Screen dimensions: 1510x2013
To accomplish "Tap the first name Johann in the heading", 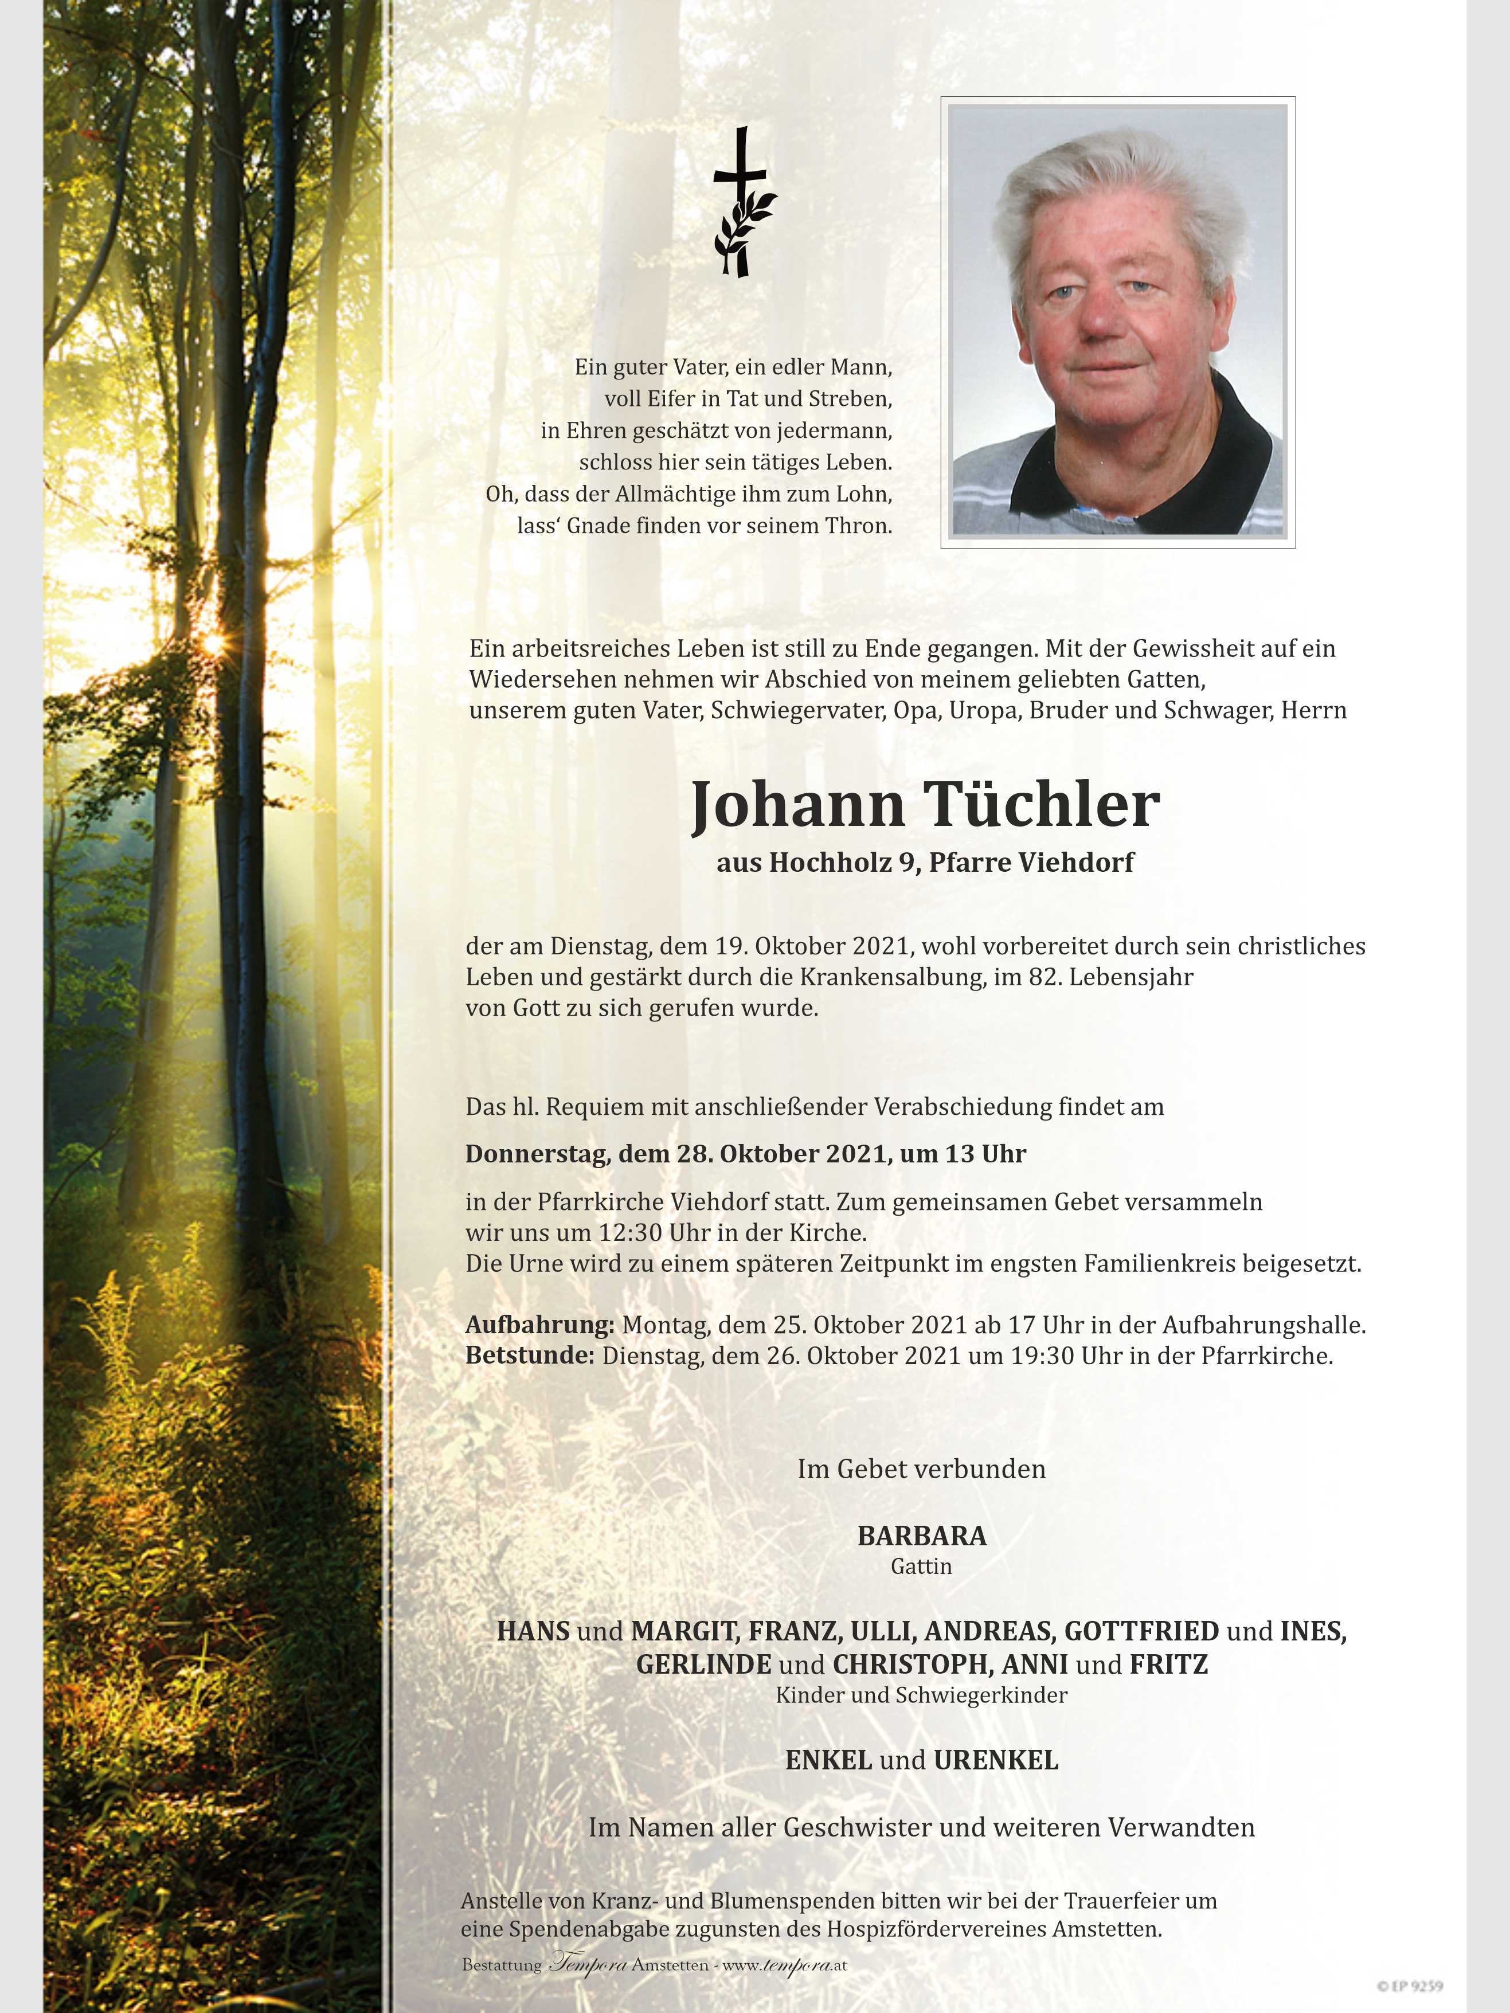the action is point(797,807).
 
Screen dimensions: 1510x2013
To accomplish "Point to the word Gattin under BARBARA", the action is point(921,1566).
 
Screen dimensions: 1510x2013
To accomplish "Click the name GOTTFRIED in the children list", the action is point(1141,1631).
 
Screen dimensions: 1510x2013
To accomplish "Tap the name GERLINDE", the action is point(703,1665).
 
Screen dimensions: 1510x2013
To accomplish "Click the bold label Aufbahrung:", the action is point(540,1325).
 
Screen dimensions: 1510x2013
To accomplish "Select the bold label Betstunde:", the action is point(530,1356).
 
